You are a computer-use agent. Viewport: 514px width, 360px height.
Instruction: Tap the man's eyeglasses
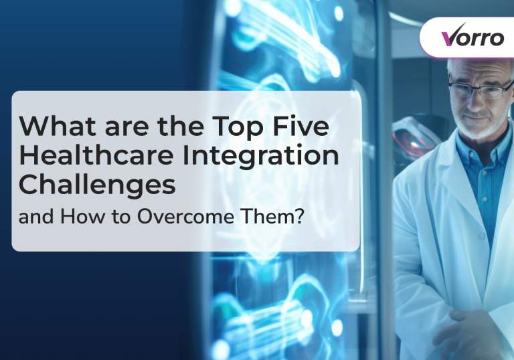(481, 90)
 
